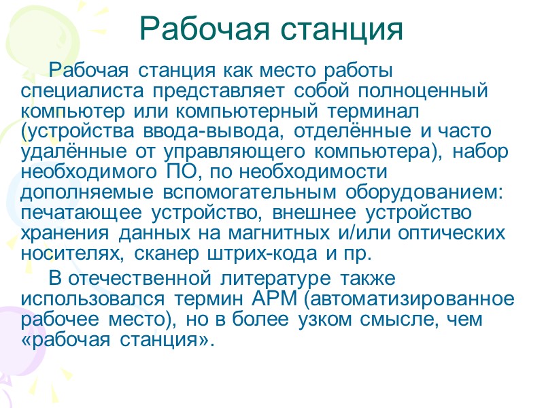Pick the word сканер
[x=163, y=254]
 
